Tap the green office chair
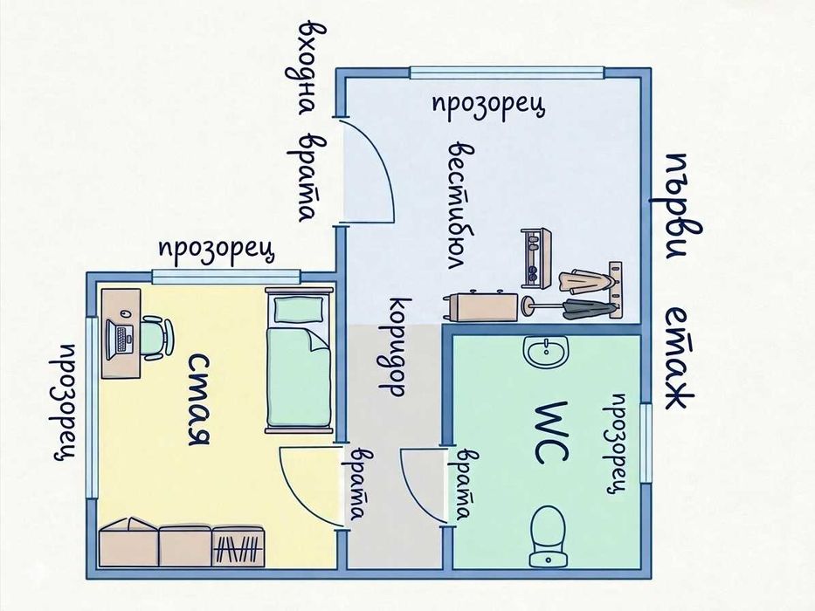tap(156, 339)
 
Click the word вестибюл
tap(460, 204)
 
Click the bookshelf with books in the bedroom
tap(238, 547)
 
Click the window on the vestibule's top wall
tap(507, 72)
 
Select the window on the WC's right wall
tap(646, 443)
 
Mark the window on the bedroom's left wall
tap(92, 408)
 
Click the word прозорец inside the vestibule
tap(488, 106)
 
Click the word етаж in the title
tap(680, 358)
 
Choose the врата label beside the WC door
tap(460, 484)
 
